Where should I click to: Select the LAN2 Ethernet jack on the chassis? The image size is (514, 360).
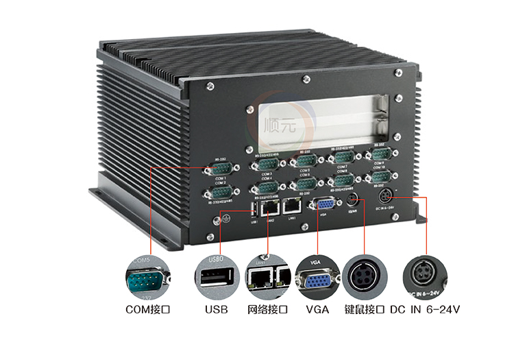pyautogui.click(x=270, y=206)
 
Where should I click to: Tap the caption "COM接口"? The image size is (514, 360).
pyautogui.click(x=147, y=310)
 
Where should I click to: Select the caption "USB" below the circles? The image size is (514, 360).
pyautogui.click(x=217, y=310)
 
